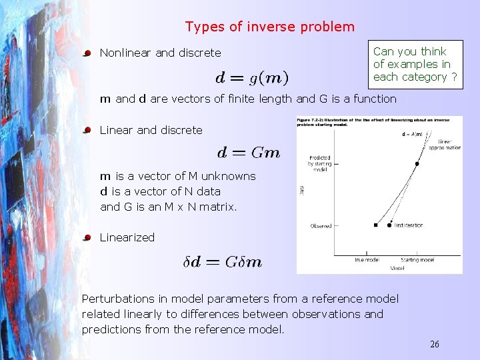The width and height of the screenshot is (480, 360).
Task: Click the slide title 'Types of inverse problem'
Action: pos(270,27)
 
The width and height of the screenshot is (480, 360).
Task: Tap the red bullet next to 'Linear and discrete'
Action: pos(87,131)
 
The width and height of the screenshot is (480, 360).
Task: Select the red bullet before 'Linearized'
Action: pos(87,237)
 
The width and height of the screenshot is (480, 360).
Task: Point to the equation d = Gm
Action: pos(249,153)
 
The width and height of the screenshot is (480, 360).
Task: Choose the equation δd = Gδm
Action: pos(223,262)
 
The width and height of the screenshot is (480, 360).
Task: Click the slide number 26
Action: pos(434,344)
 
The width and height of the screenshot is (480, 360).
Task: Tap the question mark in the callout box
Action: pos(454,77)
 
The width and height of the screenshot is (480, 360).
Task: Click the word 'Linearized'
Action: pos(127,237)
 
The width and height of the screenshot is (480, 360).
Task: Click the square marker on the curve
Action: pos(376,225)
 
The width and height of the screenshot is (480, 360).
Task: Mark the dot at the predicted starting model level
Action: pos(417,163)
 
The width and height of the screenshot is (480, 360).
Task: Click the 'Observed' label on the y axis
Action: pos(321,226)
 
